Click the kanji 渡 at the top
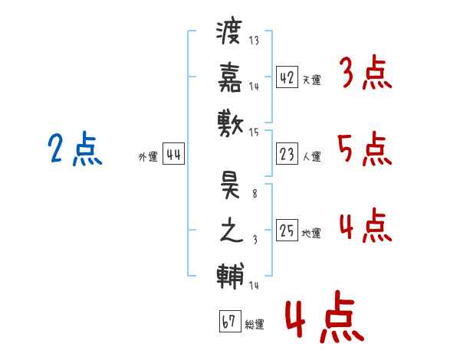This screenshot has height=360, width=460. coord(230,34)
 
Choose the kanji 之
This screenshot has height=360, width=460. coord(230,231)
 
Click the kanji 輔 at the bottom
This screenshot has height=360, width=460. coord(230,273)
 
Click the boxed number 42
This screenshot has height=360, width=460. coord(287,77)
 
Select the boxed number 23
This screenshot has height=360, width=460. coord(287,154)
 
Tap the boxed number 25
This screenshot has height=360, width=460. coord(287,231)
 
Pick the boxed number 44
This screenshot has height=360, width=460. coord(173,155)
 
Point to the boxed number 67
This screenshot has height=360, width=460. coord(228,322)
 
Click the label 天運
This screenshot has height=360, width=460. coord(311,80)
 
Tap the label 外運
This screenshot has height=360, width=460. coord(148,157)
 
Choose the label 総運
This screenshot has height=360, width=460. coord(255,325)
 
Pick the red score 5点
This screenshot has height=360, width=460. coord(365,149)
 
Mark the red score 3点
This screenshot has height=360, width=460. coord(365,74)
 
